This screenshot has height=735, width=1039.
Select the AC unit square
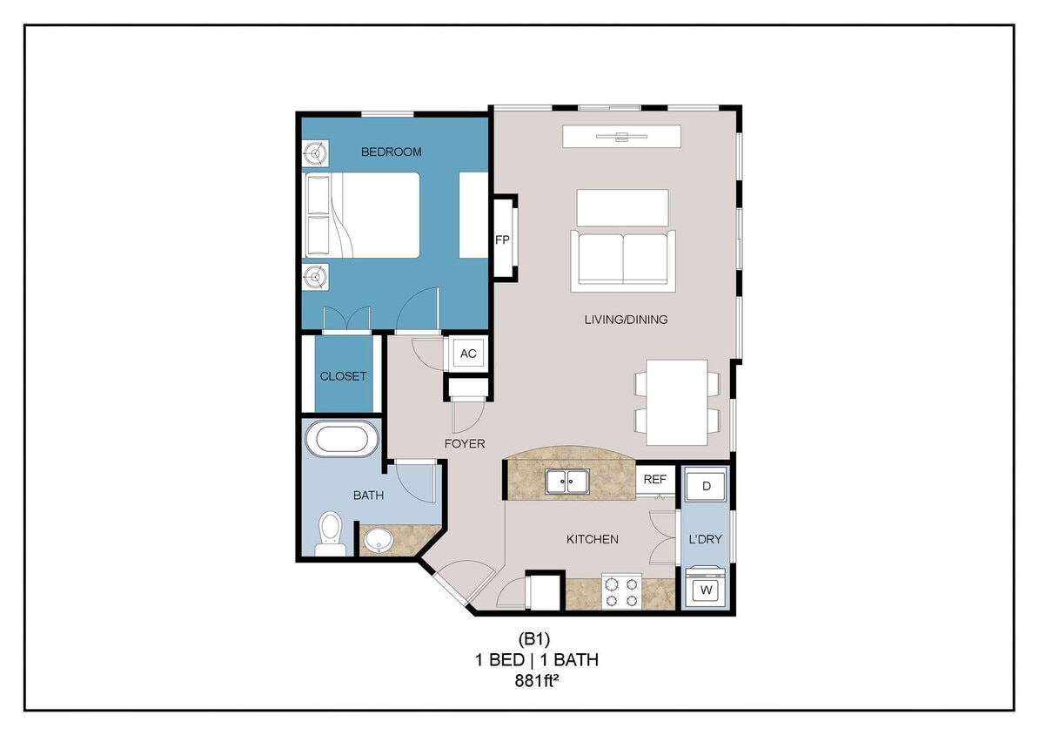point(468,354)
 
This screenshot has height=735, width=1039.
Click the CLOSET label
point(343,376)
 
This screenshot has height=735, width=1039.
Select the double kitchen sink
point(566,481)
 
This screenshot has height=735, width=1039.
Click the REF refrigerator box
point(655,479)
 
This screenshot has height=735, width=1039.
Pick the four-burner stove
point(622,591)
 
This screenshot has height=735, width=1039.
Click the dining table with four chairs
point(677,401)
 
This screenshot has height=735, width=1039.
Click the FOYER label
point(464,443)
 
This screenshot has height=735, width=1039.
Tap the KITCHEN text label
point(593,539)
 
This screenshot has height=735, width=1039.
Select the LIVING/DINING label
point(626,320)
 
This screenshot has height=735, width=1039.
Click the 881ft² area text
point(536,682)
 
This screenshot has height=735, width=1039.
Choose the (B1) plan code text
point(536,640)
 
